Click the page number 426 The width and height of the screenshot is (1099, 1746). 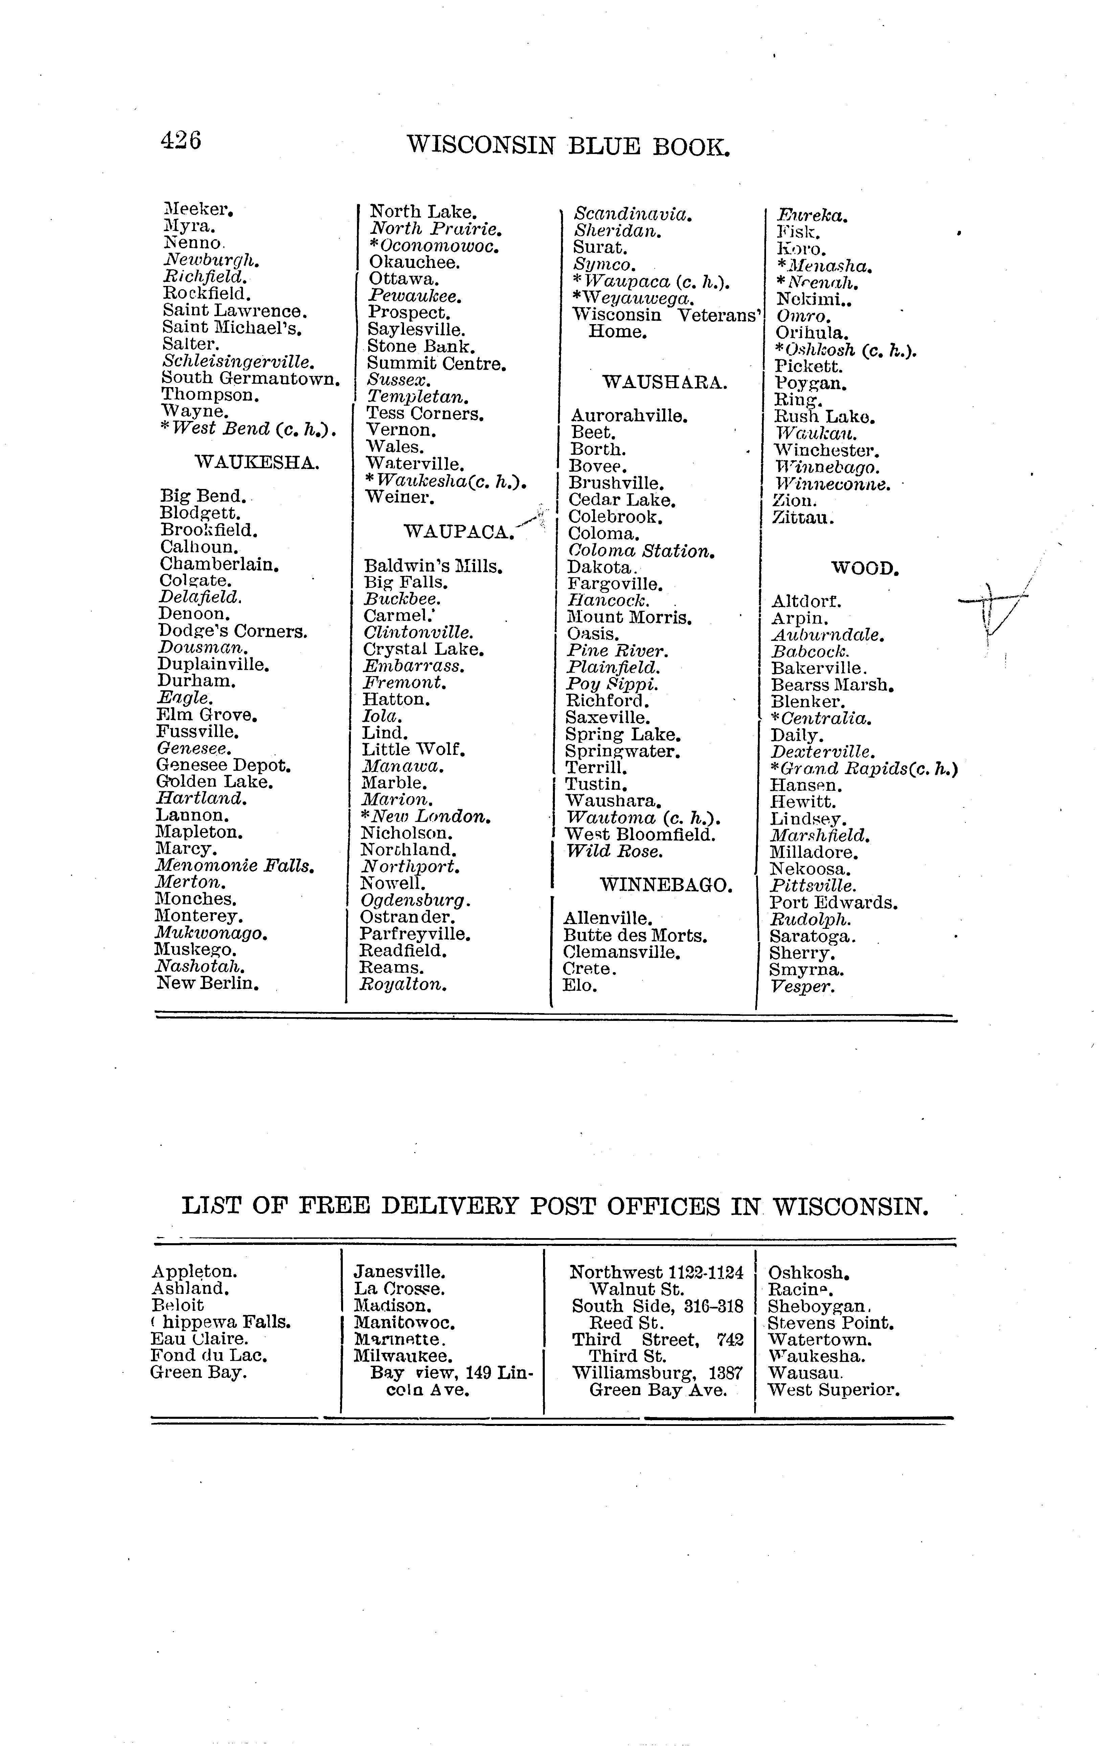coord(180,140)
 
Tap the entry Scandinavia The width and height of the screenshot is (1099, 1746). coord(632,215)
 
